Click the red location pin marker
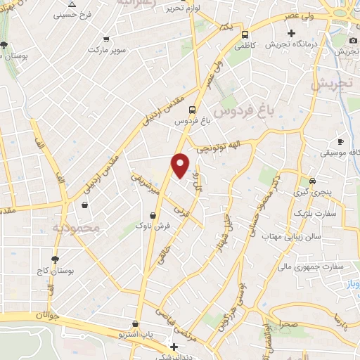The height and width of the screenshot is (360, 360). coord(181,165)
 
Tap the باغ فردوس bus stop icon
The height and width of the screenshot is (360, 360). coord(192,109)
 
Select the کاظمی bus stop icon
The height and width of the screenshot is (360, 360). coord(245,34)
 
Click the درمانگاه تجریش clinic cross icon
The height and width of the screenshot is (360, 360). coord(291,33)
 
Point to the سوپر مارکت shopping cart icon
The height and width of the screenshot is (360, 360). coord(106,39)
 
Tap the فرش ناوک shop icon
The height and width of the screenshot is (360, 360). coord(153,215)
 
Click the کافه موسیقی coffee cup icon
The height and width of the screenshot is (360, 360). coord(341,141)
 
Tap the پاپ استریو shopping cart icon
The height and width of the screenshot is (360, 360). coord(145,326)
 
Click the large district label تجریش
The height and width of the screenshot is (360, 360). coord(330,84)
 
